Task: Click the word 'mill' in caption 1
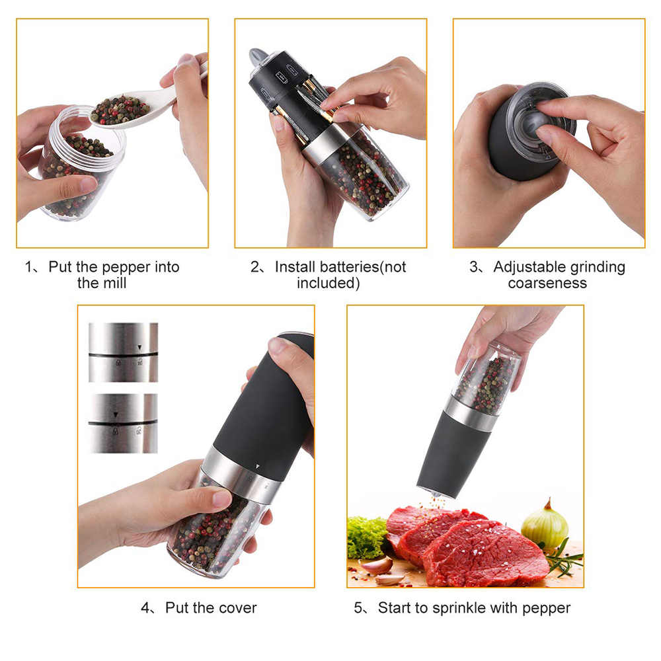114,284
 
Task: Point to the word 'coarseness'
547,284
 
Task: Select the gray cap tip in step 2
256,56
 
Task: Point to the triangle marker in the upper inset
139,346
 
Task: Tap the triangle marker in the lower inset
116,414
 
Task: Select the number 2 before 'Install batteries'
254,267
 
